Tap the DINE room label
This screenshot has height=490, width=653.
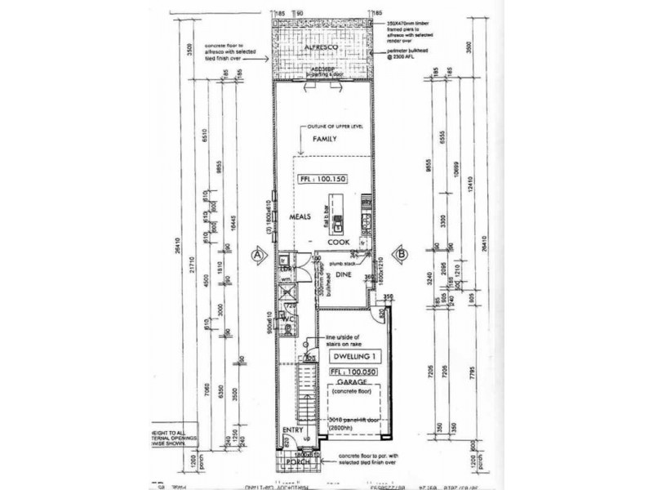344,276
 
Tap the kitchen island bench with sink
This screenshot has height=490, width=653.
335,213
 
